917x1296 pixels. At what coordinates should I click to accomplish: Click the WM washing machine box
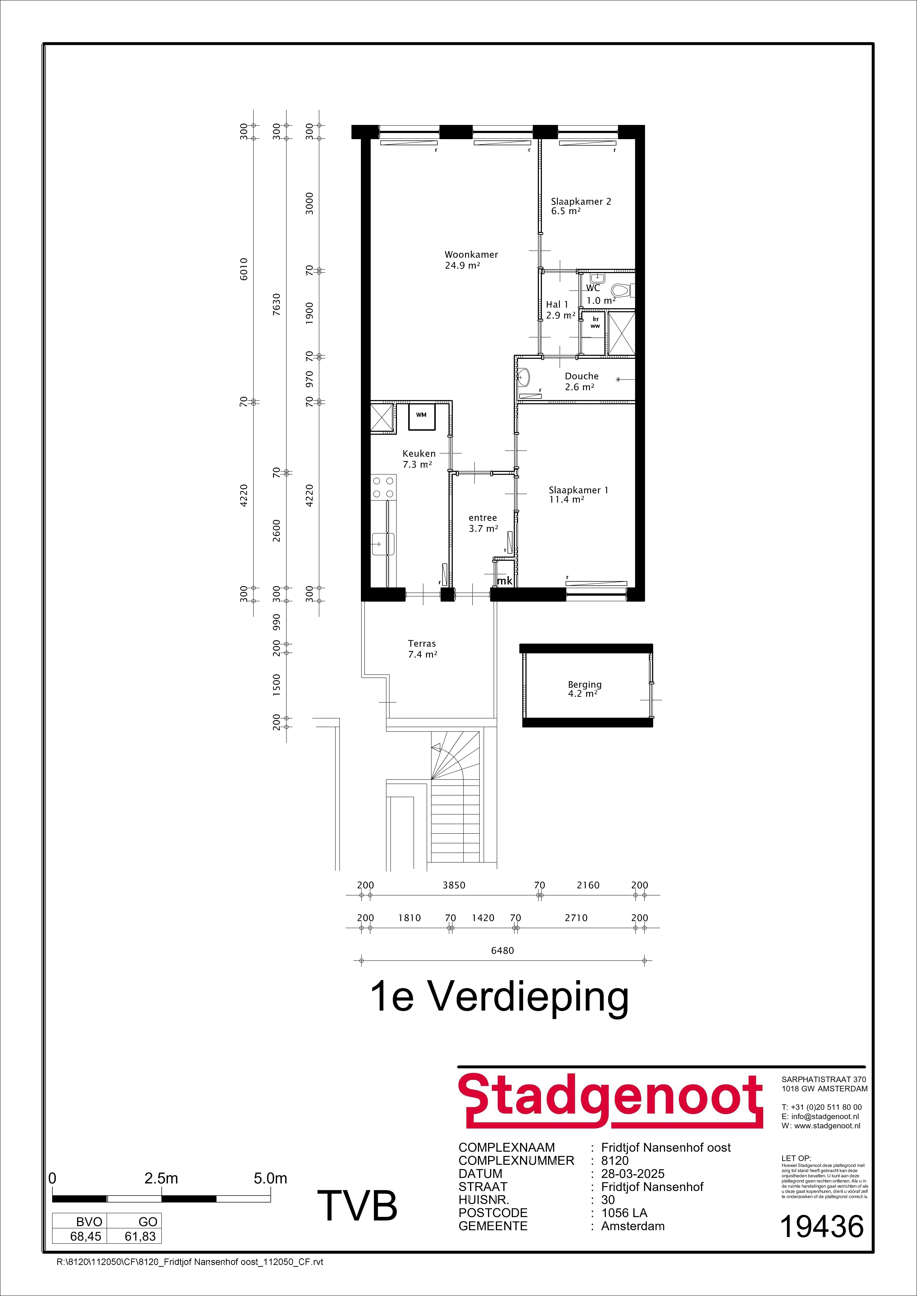tap(421, 415)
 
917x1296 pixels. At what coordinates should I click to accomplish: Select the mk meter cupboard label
tap(504, 580)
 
